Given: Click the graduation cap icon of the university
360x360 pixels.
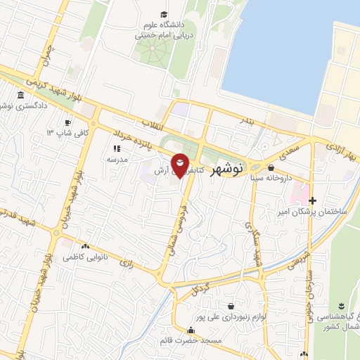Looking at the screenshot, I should coord(164,14).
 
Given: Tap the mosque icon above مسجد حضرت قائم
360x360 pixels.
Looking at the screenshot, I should coord(190,330).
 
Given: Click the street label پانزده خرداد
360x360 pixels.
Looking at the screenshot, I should coord(131,136).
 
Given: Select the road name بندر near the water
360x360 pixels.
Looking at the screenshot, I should coord(262,124).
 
